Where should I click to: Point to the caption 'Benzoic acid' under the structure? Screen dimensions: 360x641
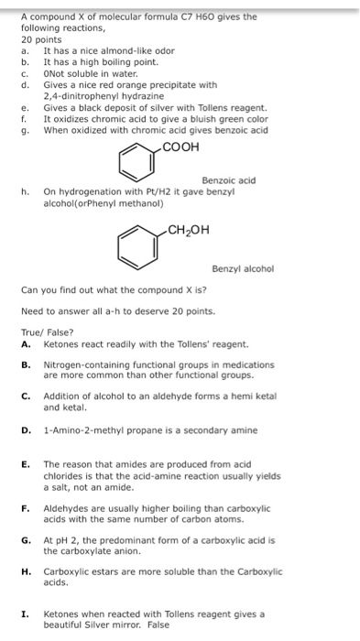click(228, 180)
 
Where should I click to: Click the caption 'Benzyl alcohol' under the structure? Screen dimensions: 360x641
click(243, 268)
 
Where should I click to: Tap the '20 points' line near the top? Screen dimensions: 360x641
click(39, 40)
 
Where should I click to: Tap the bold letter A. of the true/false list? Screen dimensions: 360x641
click(26, 342)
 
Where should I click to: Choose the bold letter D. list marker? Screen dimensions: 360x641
click(26, 428)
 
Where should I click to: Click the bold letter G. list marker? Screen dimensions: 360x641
click(26, 541)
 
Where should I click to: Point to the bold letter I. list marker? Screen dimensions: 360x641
click(26, 613)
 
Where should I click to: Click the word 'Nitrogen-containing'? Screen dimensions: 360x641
click(83, 364)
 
